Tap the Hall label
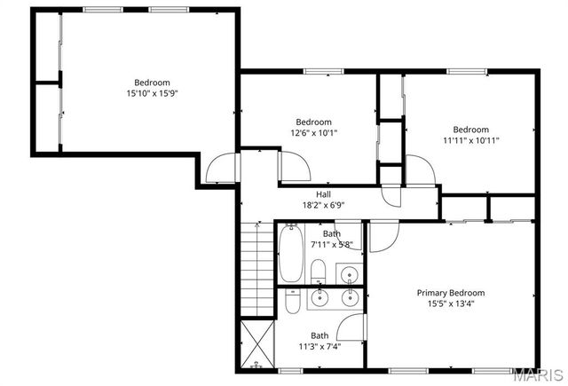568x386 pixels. (324, 194)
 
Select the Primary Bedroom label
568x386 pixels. (451, 293)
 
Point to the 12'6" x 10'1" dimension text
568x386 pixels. (313, 133)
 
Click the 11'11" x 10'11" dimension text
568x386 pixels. (470, 140)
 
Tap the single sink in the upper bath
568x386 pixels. (351, 273)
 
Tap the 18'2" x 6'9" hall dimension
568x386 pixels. (323, 205)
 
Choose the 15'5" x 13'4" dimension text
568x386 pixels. (451, 303)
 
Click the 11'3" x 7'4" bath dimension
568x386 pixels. (319, 346)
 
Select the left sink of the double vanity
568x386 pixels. (319, 298)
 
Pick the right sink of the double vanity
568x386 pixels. (350, 298)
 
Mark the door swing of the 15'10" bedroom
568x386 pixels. (224, 169)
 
